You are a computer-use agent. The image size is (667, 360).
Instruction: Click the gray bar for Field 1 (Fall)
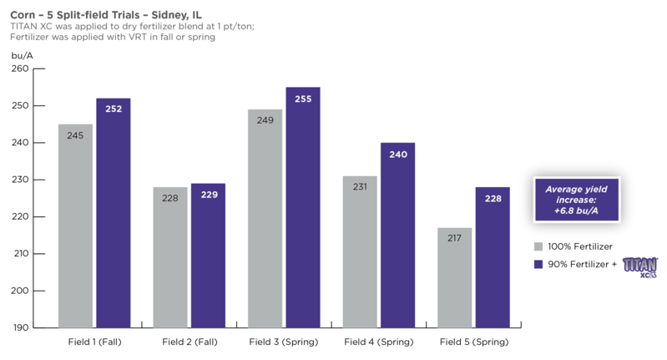(75, 226)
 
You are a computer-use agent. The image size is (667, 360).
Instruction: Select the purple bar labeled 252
(114, 213)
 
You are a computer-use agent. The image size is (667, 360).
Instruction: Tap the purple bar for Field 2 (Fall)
(208, 256)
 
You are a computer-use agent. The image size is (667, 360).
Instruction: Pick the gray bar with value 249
(265, 218)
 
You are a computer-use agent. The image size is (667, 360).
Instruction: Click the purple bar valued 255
(303, 207)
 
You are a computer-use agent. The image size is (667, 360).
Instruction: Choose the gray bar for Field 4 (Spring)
(360, 252)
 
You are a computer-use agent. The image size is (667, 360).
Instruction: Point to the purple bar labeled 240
(397, 235)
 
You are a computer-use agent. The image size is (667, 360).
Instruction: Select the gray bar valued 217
(455, 278)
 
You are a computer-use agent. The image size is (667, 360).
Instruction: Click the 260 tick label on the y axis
(20, 68)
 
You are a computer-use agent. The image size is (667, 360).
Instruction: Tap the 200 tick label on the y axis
(20, 291)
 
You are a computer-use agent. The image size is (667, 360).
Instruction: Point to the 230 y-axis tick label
(20, 180)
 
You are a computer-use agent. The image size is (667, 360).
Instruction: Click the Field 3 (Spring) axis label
(284, 342)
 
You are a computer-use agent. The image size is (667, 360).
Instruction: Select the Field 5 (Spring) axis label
(474, 342)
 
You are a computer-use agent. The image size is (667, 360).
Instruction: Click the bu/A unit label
(22, 56)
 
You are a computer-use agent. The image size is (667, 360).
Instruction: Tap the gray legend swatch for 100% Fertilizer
(538, 246)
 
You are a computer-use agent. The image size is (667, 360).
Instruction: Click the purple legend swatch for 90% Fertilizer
(538, 264)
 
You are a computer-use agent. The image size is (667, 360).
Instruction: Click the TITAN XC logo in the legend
(640, 267)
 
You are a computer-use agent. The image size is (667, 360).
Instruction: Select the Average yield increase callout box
(577, 200)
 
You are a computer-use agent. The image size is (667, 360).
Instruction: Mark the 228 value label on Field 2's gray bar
(170, 198)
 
